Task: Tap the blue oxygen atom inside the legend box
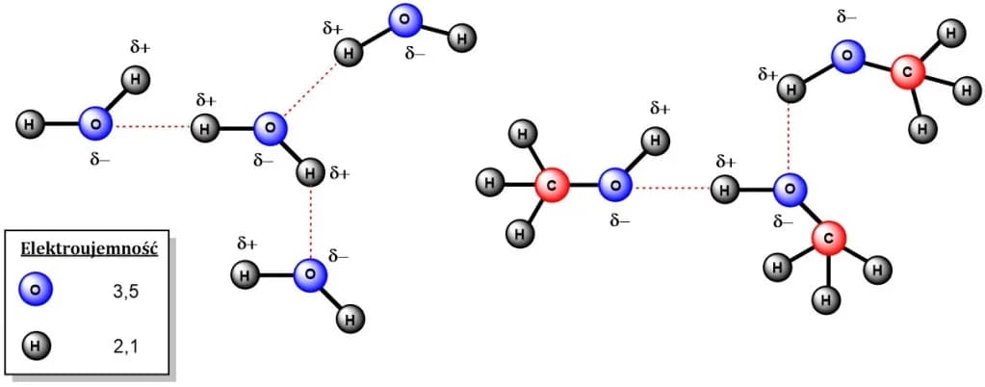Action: pos(36,290)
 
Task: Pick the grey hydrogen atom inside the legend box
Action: pos(36,345)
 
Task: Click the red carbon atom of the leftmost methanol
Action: pos(553,186)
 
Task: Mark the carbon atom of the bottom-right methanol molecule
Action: pos(829,238)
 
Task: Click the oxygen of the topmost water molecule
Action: pos(405,20)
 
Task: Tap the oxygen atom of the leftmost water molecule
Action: pos(95,123)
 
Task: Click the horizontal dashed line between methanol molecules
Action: pos(672,187)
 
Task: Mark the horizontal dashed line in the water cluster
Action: pos(152,127)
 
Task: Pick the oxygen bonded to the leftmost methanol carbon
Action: pos(615,186)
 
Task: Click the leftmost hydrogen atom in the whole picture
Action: pos(30,123)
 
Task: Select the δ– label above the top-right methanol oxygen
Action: pos(846,17)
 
